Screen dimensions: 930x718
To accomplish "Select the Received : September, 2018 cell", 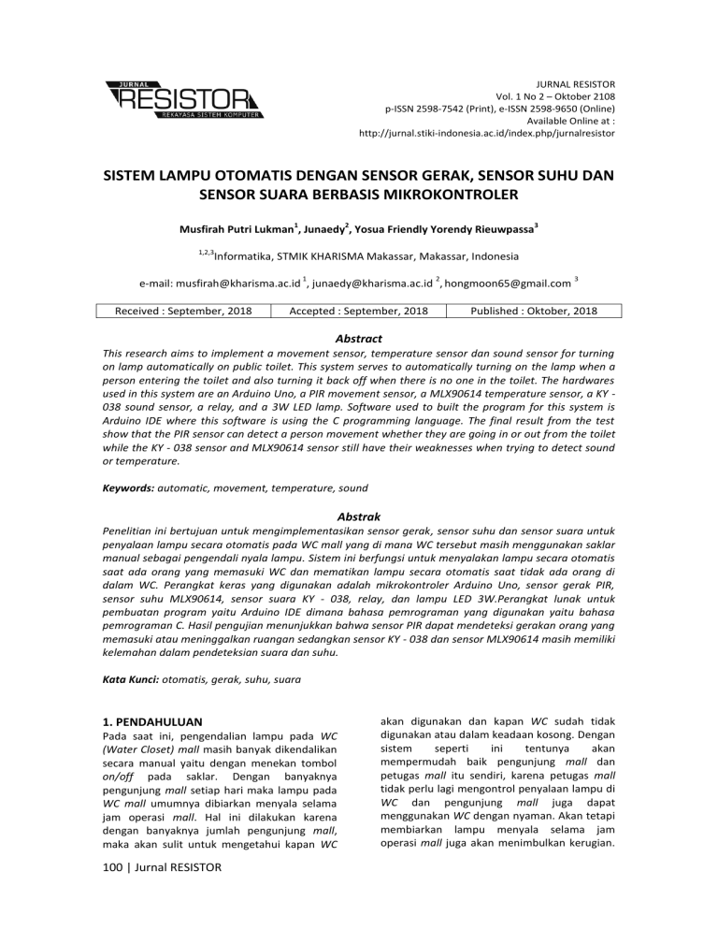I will [183, 311].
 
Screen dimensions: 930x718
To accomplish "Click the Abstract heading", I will [358, 339].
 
